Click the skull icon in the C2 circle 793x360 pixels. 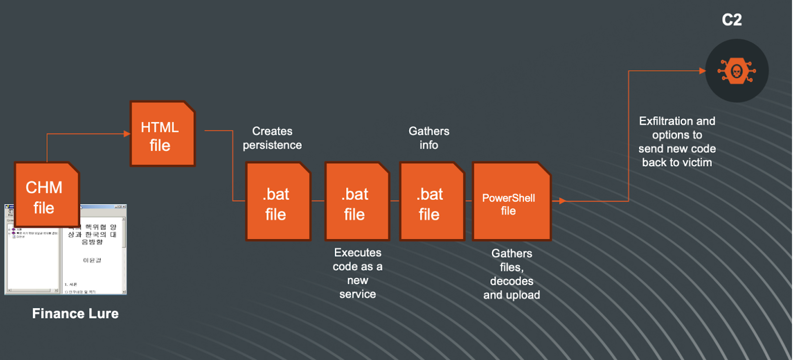pos(736,71)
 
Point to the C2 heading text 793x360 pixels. pos(732,20)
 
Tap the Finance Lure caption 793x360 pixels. pos(75,314)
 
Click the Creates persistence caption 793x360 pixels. pos(272,138)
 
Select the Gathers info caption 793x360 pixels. pos(429,138)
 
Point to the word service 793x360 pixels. pos(357,294)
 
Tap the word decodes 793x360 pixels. pos(511,281)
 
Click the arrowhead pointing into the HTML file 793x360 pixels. pos(127,134)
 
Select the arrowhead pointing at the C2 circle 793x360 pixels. pos(703,71)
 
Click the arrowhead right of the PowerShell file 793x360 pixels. pos(562,201)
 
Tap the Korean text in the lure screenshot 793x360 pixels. pos(92,234)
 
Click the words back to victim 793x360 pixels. pos(677,163)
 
